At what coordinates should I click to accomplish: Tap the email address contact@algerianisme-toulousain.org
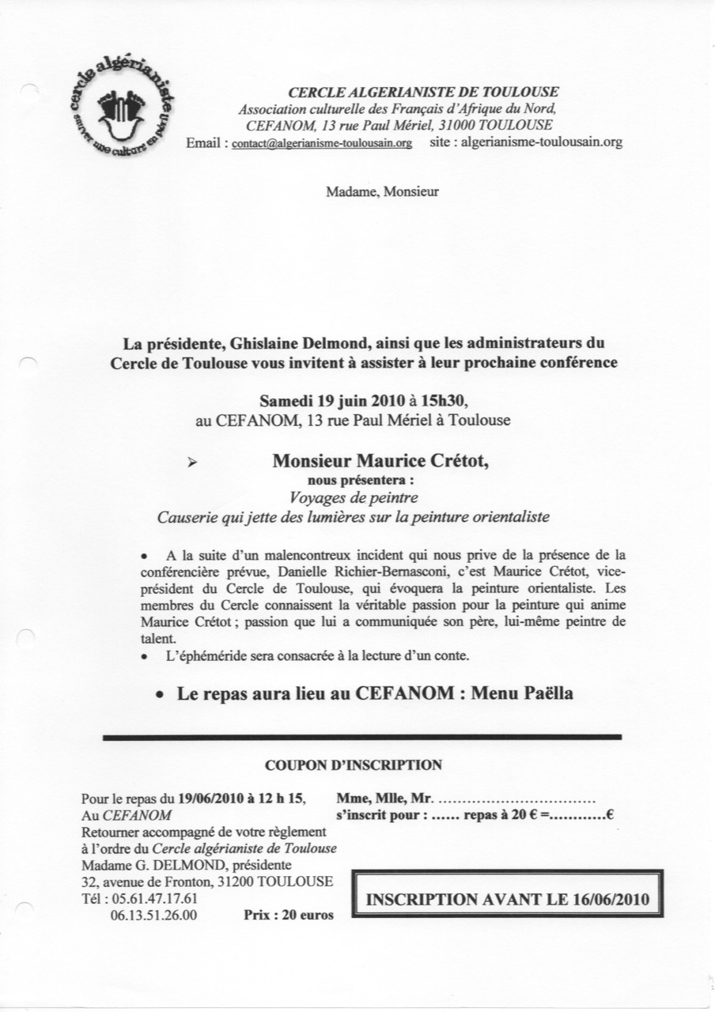click(x=322, y=144)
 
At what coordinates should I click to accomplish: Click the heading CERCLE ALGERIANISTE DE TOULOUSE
click(x=423, y=93)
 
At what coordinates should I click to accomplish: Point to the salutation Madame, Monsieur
click(x=382, y=191)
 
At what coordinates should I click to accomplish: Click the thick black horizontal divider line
click(x=362, y=737)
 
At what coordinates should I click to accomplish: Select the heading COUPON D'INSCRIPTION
click(x=354, y=765)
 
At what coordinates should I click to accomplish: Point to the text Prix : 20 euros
click(x=287, y=916)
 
